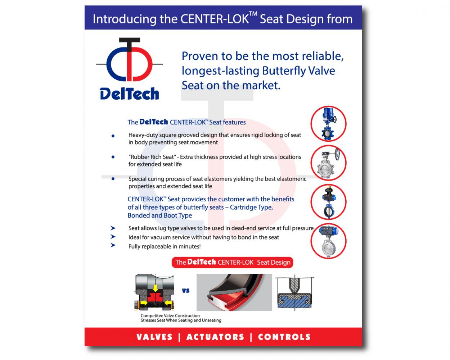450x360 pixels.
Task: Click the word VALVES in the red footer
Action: pyautogui.click(x=154, y=337)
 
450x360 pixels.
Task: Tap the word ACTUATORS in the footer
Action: pyautogui.click(x=215, y=337)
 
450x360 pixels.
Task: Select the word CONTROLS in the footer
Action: pyautogui.click(x=284, y=337)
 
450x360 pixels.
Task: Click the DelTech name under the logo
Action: pyautogui.click(x=129, y=94)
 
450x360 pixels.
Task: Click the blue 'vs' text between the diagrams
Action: pyautogui.click(x=185, y=291)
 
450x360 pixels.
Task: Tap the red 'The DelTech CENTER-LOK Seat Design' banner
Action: pyautogui.click(x=233, y=262)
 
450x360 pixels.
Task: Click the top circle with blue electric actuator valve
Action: pyautogui.click(x=328, y=123)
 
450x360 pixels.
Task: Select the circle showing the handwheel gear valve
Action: pyautogui.click(x=328, y=163)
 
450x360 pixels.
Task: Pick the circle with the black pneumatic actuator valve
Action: pyautogui.click(x=328, y=202)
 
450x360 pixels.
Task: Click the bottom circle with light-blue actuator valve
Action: pyautogui.click(x=328, y=241)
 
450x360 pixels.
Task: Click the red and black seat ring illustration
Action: pyautogui.click(x=234, y=292)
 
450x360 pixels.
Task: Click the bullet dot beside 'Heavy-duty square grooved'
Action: pyautogui.click(x=113, y=136)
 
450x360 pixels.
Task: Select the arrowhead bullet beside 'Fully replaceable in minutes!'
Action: pyautogui.click(x=113, y=245)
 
